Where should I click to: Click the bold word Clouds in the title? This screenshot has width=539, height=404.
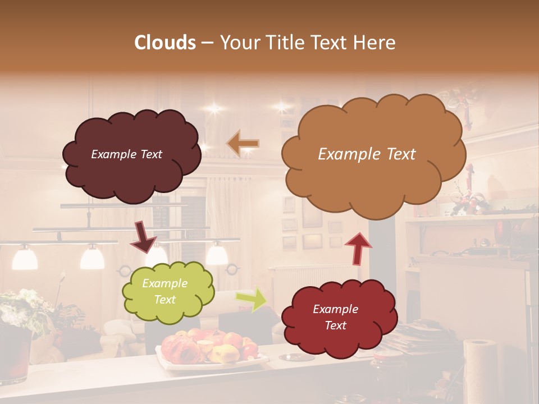point(165,43)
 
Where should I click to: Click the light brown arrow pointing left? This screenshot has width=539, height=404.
point(243,144)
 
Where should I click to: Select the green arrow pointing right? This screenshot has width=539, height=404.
point(251,299)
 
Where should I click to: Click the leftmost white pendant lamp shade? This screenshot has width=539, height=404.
point(25,258)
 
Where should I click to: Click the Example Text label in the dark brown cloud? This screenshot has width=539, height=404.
point(126,154)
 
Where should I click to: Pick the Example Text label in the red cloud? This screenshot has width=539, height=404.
point(335,317)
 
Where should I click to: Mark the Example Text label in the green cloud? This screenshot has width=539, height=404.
point(165,292)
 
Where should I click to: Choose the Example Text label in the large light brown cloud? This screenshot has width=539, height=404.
point(367,154)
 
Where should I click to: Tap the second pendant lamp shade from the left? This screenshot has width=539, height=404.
point(92,258)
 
